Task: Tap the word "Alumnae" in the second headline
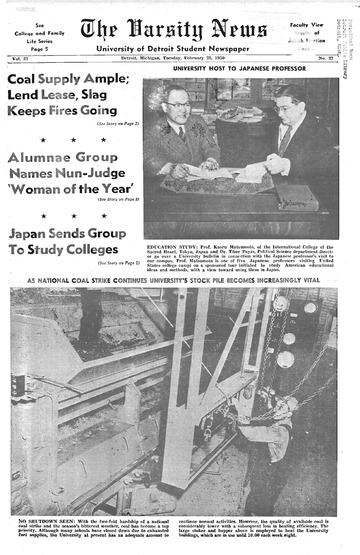[x=42, y=156]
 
